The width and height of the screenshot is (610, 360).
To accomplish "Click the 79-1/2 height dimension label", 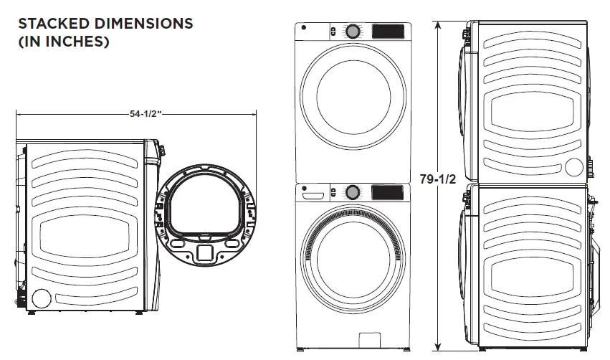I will point(437,179).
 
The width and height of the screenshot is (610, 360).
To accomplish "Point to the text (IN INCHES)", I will point(63,42).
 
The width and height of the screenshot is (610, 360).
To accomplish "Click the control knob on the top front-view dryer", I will point(353,32).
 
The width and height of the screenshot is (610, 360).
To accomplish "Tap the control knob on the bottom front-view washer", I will point(353,192).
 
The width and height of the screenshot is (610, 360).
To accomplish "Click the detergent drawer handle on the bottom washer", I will point(312,193).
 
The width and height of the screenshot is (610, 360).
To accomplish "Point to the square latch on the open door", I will point(204,252).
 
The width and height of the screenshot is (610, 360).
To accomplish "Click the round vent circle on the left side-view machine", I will point(41,298).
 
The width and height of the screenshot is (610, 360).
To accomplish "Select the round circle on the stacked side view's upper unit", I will point(573,167).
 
